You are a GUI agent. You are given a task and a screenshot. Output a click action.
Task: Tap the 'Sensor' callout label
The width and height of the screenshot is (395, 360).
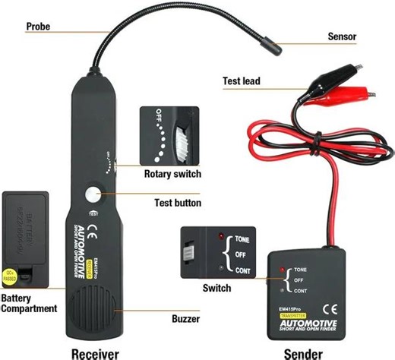pos(342,36)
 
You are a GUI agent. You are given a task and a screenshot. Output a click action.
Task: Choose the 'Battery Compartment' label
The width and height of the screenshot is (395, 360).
pos(29,303)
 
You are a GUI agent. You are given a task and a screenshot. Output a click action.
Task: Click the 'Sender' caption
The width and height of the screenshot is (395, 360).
pos(303,351)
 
